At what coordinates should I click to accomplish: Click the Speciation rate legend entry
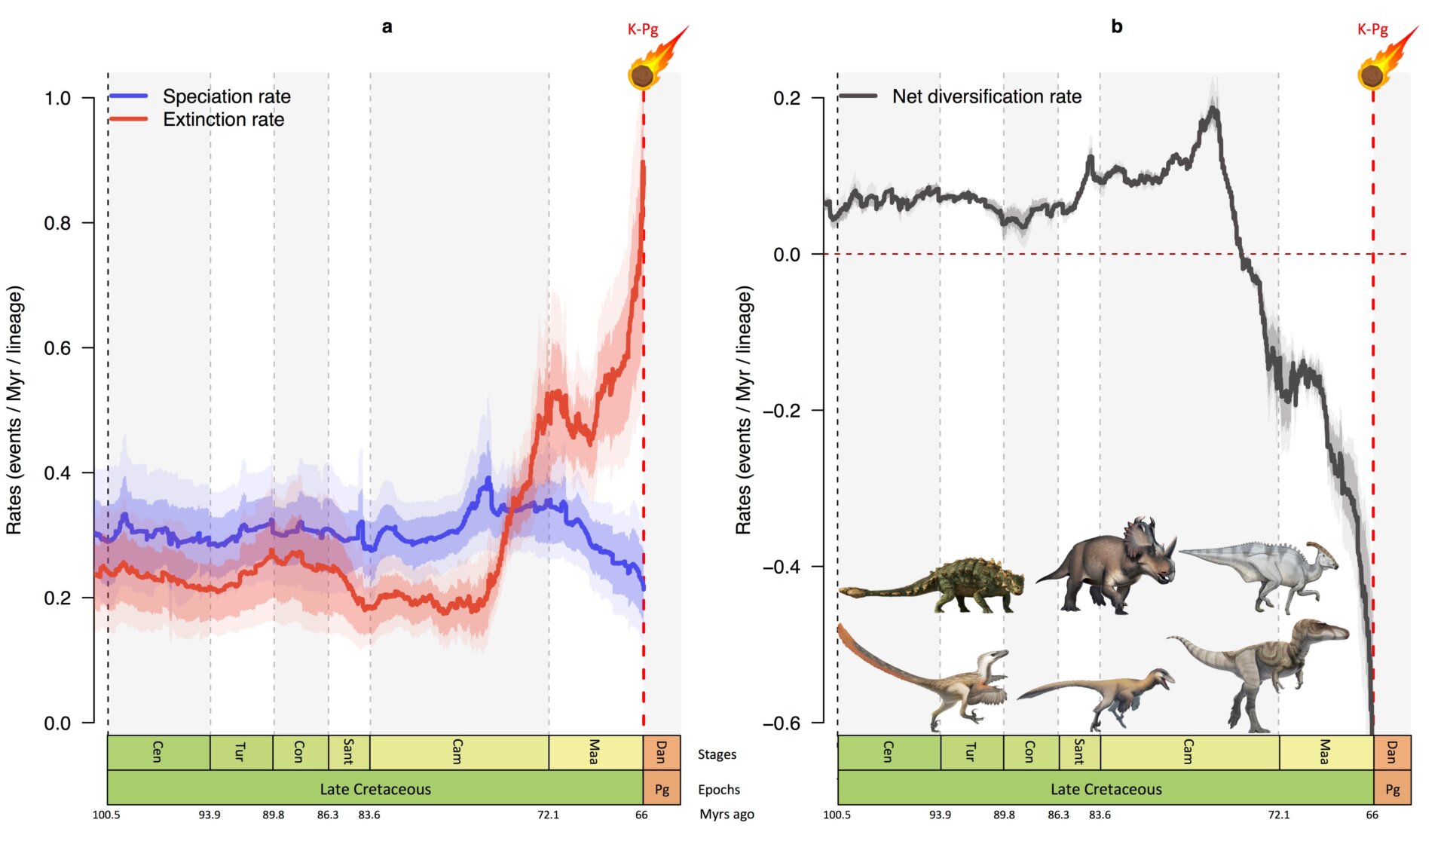coord(226,96)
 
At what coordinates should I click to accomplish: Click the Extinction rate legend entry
coord(223,120)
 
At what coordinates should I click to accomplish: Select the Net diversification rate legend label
coord(986,96)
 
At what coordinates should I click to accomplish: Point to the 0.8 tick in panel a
coord(57,223)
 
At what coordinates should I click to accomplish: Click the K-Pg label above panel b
coord(1372,29)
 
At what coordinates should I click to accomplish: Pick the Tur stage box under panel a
coord(241,752)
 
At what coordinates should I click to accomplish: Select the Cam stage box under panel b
coord(1188,752)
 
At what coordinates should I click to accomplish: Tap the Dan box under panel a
coord(662,752)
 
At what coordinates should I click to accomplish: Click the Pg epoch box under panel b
coord(1392,789)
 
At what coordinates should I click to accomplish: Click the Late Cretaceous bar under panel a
coord(375,789)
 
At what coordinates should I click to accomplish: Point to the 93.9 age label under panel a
coord(210,815)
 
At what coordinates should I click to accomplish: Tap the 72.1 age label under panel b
coord(1278,815)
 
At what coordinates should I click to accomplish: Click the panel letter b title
coord(1116,26)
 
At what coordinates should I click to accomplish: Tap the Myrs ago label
coord(726,815)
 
